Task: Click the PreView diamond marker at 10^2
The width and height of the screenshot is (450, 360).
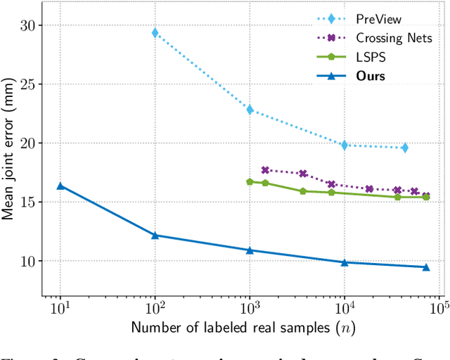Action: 155,33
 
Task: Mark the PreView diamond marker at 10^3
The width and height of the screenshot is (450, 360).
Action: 250,110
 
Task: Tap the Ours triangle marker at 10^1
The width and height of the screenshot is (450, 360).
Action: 60,186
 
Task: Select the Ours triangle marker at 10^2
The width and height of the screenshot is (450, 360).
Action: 155,235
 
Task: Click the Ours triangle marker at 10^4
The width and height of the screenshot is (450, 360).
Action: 345,262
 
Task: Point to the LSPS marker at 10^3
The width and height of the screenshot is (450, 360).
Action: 250,181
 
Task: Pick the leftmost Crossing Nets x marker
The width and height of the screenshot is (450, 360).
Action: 265,170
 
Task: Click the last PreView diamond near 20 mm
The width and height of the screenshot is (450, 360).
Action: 404,148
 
